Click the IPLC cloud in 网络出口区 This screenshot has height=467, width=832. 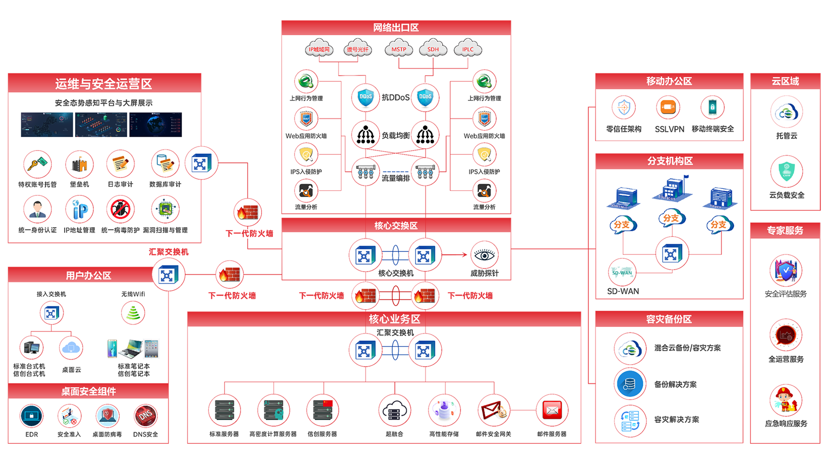468,49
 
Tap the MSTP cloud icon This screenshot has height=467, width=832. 399,49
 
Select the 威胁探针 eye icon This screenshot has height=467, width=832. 484,255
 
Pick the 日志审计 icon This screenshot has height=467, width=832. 121,164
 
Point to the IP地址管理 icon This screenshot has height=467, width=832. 79,210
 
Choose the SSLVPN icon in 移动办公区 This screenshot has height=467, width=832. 668,108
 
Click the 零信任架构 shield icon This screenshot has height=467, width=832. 624,108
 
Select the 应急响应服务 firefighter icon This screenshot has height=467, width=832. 786,401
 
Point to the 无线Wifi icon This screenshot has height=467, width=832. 133,313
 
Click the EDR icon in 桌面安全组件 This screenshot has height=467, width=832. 31,416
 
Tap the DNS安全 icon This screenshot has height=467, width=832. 146,416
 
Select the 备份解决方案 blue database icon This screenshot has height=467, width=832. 630,384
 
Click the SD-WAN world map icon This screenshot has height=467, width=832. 622,273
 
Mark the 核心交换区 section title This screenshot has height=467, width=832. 396,226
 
